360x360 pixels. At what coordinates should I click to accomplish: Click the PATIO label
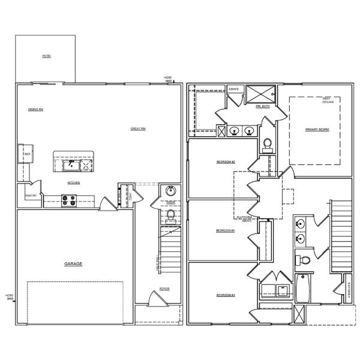point(46,56)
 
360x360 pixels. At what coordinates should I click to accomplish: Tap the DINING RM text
point(35,109)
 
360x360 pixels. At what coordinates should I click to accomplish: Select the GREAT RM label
point(139,128)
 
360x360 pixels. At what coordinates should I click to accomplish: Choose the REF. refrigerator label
point(27,154)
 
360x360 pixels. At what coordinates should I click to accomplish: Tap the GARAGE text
point(73,264)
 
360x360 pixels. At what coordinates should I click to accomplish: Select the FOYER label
point(164,289)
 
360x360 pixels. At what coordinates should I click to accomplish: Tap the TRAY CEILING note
point(328,101)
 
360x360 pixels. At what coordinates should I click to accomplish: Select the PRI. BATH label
point(262,107)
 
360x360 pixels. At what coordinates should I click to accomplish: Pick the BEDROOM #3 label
point(226,231)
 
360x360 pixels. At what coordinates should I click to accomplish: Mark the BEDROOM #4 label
point(226,295)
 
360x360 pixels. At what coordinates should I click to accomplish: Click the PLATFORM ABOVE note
point(244,218)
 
